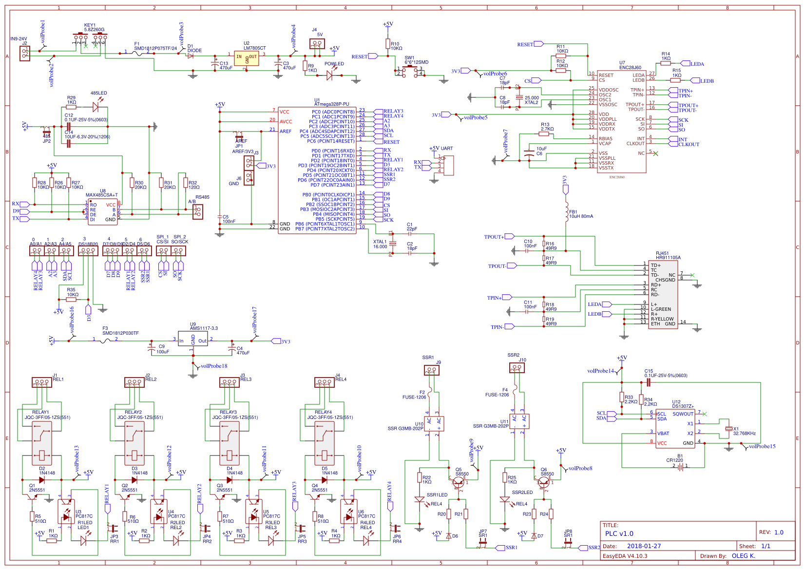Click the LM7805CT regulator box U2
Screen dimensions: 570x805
[x=247, y=59]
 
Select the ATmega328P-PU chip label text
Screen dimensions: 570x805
[x=332, y=104]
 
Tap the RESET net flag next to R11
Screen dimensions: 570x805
[x=538, y=44]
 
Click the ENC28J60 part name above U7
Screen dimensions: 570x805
[x=630, y=68]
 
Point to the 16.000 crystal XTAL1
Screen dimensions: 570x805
[x=393, y=243]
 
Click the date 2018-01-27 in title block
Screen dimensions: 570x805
[x=644, y=546]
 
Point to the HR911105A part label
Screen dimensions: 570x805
[x=668, y=258]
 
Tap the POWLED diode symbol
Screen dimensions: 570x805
[x=330, y=76]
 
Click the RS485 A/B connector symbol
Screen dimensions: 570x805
[x=197, y=211]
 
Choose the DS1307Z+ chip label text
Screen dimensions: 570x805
[x=683, y=406]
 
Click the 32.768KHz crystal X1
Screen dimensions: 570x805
[x=728, y=429]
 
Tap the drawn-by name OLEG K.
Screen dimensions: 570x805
[x=743, y=556]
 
